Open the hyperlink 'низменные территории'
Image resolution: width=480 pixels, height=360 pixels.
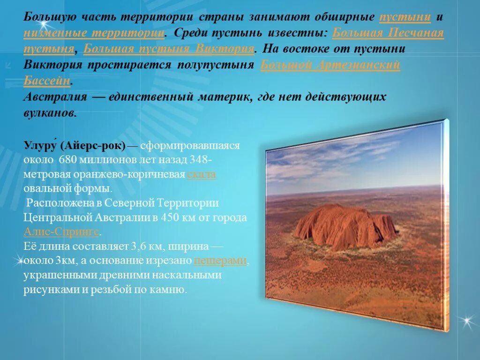point(94,33)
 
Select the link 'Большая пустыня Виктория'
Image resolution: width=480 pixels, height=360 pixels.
point(169,49)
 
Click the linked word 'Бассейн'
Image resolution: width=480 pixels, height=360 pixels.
point(47,80)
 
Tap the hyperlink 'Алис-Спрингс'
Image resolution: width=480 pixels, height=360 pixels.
point(61,232)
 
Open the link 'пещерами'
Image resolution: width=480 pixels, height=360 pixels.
point(220,261)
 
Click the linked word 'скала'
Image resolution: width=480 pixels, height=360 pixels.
point(201,174)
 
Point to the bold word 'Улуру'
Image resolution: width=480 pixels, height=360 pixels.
point(40,146)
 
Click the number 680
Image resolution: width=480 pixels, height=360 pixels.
point(67,160)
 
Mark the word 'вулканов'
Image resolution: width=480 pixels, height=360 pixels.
point(49,113)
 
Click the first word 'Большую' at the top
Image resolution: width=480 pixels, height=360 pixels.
point(47,17)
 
